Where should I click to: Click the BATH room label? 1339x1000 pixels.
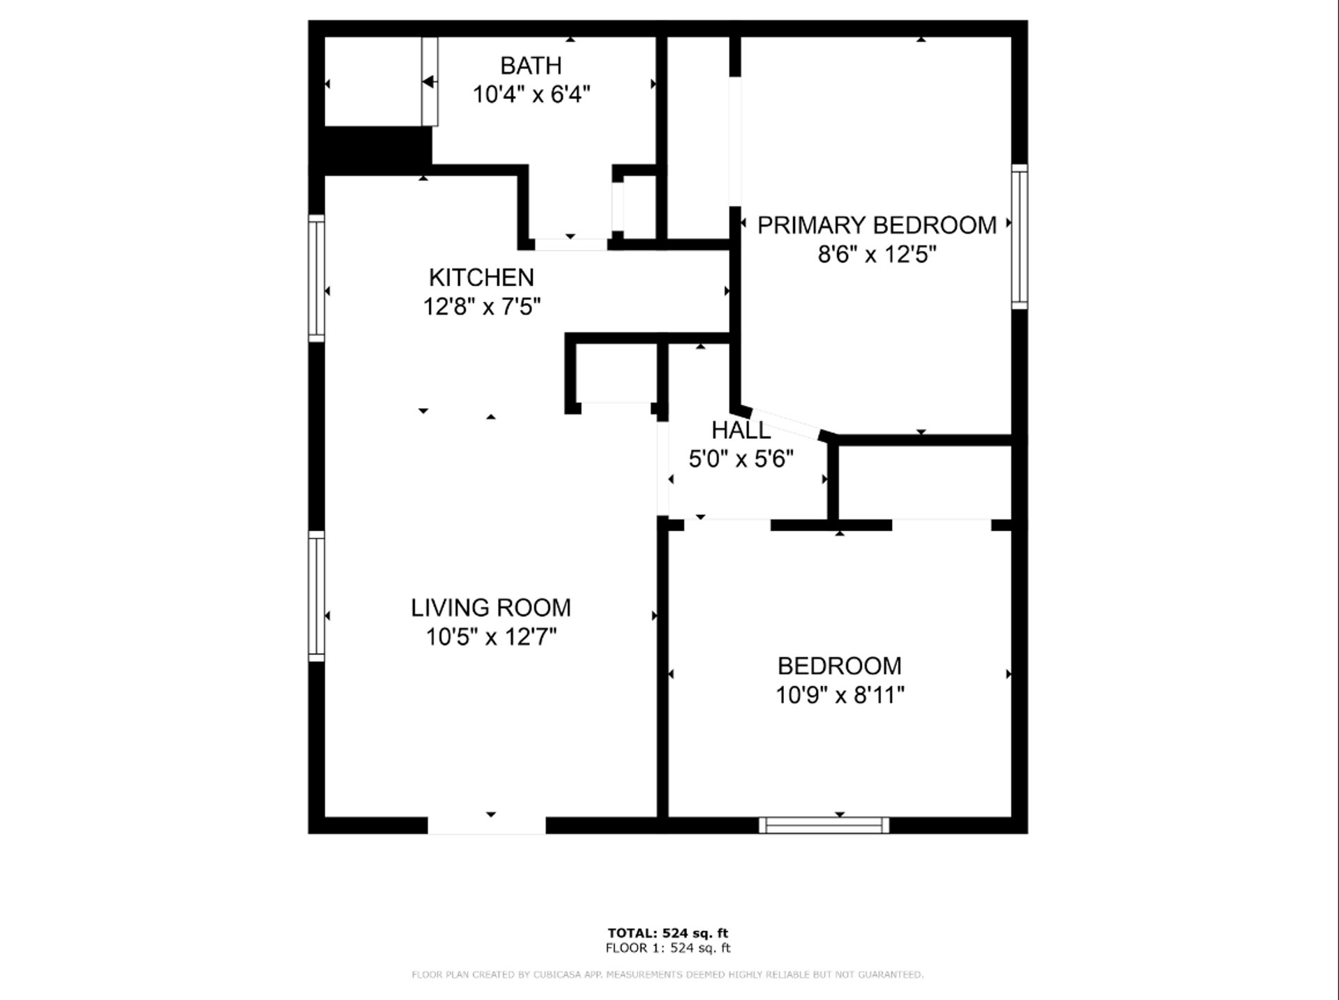click(531, 66)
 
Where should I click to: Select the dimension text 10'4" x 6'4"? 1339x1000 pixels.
click(531, 94)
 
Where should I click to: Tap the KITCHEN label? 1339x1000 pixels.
click(481, 278)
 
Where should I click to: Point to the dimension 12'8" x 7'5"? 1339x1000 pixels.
click(482, 306)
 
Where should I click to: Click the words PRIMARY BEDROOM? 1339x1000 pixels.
click(877, 225)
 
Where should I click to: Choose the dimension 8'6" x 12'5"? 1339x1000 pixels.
click(877, 254)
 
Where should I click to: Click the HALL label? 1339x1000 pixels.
click(741, 430)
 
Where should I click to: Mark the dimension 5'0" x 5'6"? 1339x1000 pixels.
click(741, 459)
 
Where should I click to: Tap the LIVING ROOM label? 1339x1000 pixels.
click(491, 608)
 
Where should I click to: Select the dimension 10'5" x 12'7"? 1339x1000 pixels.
click(491, 637)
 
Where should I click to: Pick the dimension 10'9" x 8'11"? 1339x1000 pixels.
click(840, 695)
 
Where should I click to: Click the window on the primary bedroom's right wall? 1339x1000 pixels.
click(1020, 237)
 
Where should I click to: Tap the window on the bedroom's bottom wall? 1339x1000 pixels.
click(824, 826)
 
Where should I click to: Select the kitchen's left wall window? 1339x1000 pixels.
click(317, 278)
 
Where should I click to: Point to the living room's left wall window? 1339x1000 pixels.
click(317, 596)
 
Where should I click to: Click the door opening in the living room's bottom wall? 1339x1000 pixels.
click(487, 826)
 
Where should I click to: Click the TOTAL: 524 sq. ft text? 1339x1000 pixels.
click(667, 933)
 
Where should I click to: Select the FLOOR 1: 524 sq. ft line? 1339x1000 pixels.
click(667, 948)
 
